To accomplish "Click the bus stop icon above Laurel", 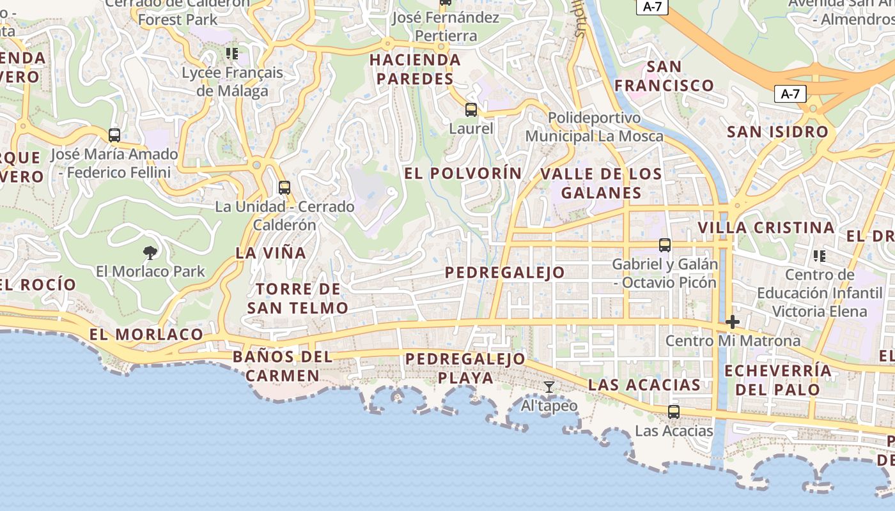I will (471, 110).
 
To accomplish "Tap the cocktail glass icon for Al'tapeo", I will (549, 387).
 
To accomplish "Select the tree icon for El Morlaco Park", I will (150, 252).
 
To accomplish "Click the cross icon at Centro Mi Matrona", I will (733, 322).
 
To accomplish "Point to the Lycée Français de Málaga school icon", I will (232, 54).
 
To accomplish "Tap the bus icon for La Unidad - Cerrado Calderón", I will (284, 188).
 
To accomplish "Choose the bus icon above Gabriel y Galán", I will (665, 245).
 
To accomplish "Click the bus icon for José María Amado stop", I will (114, 135).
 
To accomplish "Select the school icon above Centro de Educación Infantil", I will (820, 256).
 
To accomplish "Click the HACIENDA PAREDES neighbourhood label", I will (416, 69).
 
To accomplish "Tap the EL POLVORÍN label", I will (463, 173).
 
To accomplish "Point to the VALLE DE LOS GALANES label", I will (601, 183).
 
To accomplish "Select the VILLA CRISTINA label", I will (766, 228).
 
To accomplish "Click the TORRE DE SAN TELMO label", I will (298, 298).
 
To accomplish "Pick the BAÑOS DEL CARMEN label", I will (283, 365).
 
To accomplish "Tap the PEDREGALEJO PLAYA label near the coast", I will (465, 368).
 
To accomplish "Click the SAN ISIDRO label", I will (777, 132).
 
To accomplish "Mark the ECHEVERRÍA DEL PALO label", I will (778, 379).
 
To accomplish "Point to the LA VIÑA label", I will (271, 252).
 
